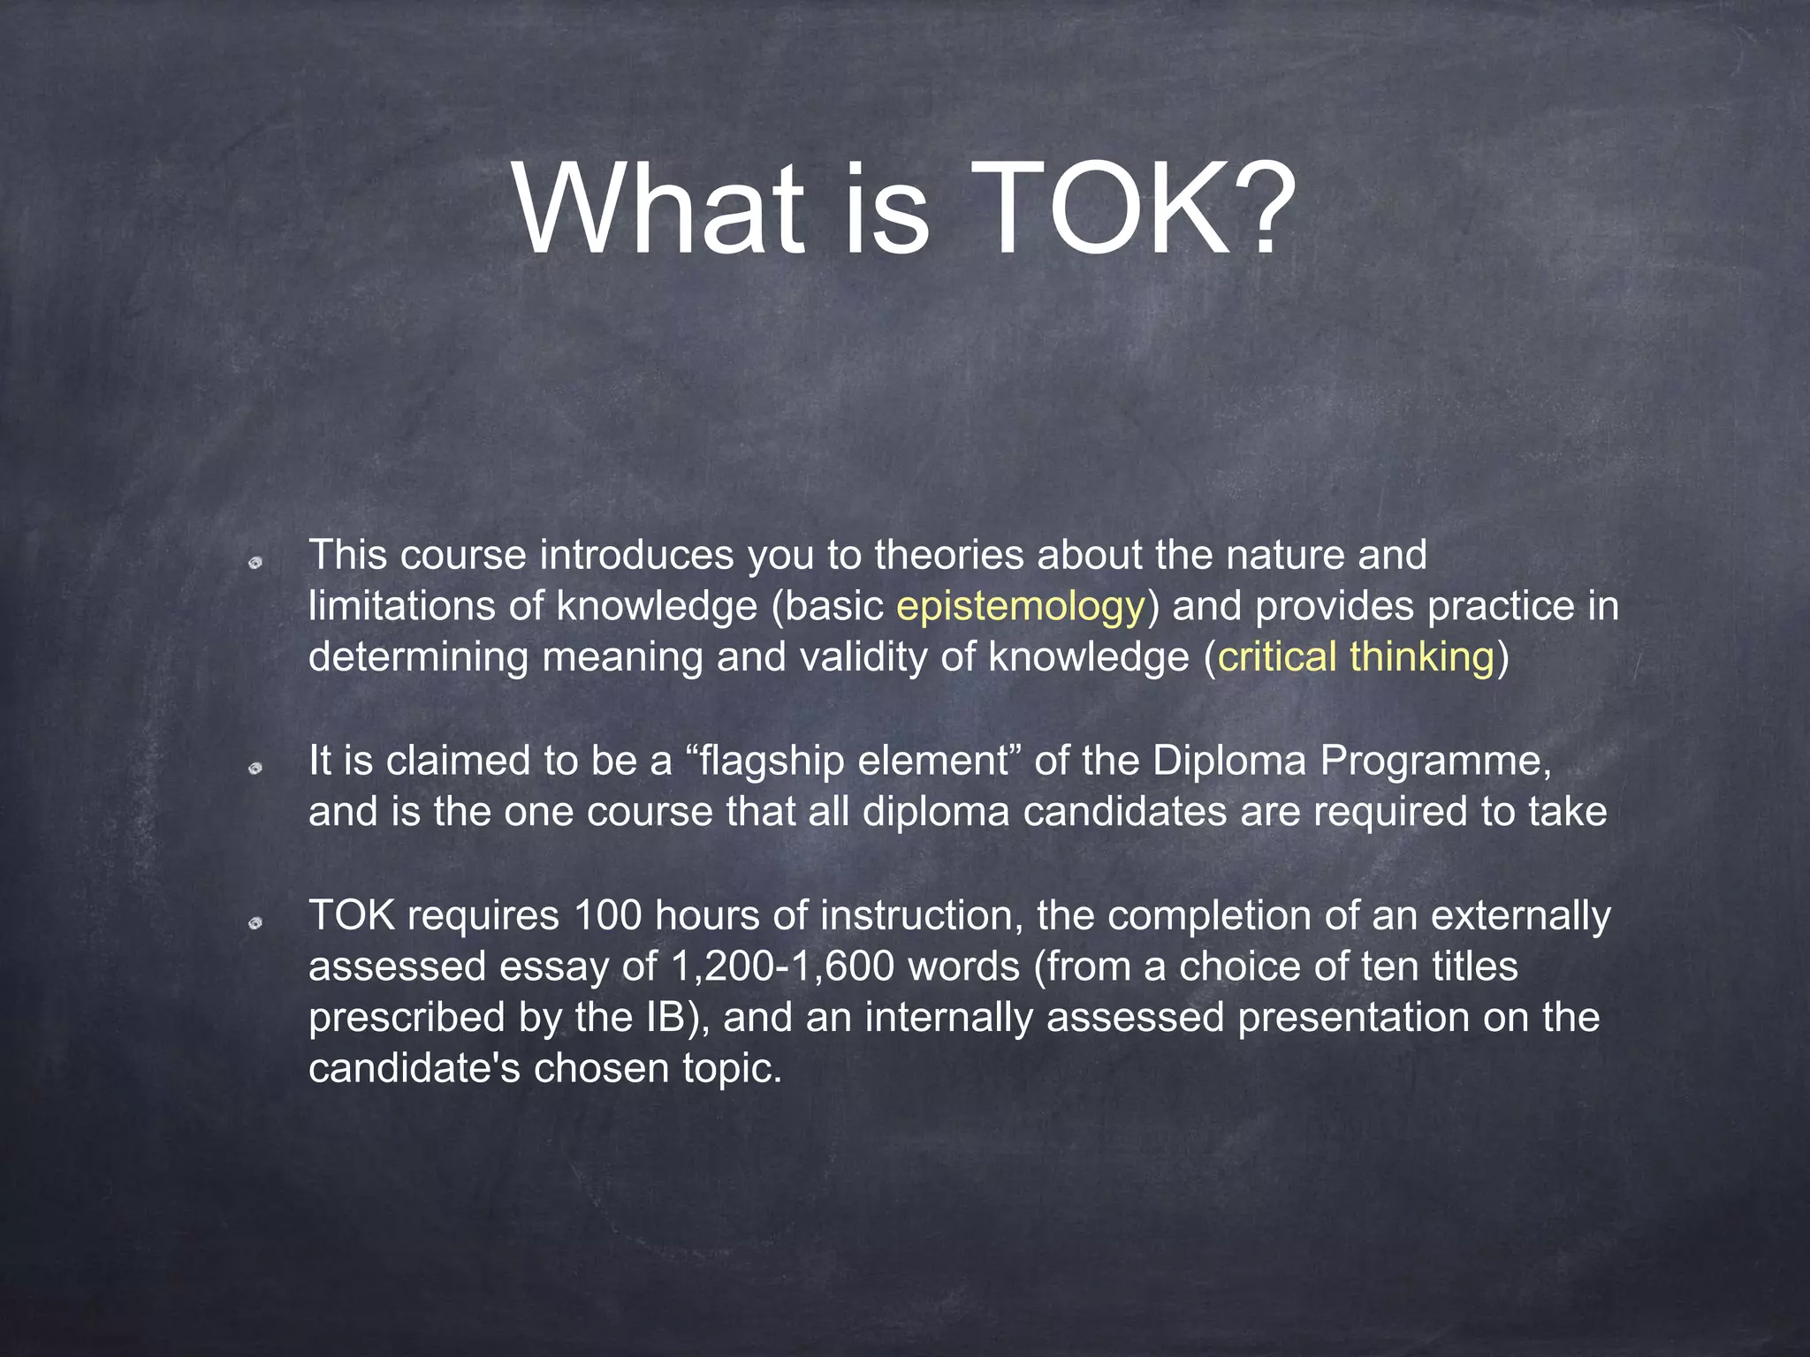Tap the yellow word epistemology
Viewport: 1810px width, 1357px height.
coord(1021,607)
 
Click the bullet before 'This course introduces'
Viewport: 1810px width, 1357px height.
coord(255,562)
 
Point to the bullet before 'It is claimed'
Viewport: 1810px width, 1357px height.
coord(255,769)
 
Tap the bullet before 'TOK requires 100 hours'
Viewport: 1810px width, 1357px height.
coord(255,923)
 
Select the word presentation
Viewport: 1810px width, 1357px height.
coord(1353,1018)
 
